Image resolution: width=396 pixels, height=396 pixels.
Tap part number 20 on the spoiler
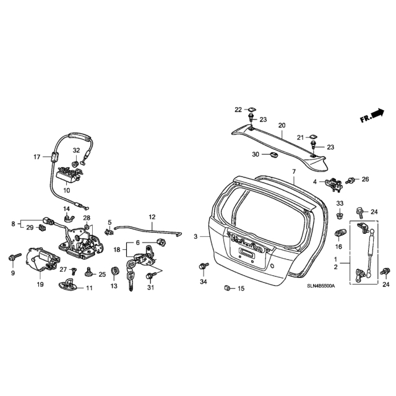[x=282, y=126]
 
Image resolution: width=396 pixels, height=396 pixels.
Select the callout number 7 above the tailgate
[x=295, y=171]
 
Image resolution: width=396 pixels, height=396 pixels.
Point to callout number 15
[x=241, y=289]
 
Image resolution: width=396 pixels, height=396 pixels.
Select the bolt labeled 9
[x=12, y=256]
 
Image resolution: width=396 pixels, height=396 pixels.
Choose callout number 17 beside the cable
[x=37, y=157]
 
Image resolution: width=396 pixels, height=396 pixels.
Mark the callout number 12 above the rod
[x=151, y=217]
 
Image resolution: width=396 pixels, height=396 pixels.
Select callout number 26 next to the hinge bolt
[x=365, y=179]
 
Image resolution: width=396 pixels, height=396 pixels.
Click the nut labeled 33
[x=340, y=216]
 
